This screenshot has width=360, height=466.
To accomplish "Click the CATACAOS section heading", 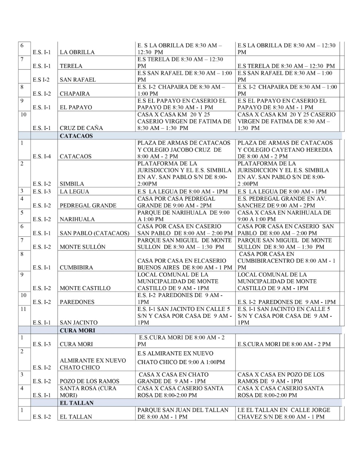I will pos(76,136).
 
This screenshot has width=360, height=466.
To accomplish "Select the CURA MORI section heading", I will pos(77,330).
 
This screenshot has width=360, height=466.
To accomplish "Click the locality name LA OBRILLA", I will pos(77,52).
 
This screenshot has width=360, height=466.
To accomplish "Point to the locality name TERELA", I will pos(71,66).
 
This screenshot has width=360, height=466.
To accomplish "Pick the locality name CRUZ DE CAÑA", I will pos(81,128).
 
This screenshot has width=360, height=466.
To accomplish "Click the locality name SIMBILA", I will pos(72,184).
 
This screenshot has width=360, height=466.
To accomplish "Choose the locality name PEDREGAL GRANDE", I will pos(88,205).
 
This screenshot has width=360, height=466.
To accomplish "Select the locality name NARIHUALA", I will pos(77,219).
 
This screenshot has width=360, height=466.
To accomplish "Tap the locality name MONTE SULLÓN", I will pos(82,247).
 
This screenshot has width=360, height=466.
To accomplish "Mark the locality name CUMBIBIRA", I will pos(76,268).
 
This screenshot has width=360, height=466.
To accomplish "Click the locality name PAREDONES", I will pos(77,302).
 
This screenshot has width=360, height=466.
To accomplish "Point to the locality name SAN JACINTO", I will pos(78,323).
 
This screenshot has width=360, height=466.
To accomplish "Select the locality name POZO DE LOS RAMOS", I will pos(89,381).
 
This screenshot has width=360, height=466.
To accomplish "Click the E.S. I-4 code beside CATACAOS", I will pos(42,157).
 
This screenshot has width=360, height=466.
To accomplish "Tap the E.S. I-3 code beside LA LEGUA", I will pos(42,191).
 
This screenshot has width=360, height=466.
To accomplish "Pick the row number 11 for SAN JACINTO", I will pos(23,309).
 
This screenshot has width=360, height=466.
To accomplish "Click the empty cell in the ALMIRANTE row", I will pos(289,359).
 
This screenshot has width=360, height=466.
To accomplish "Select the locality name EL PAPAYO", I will pos(76,107).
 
